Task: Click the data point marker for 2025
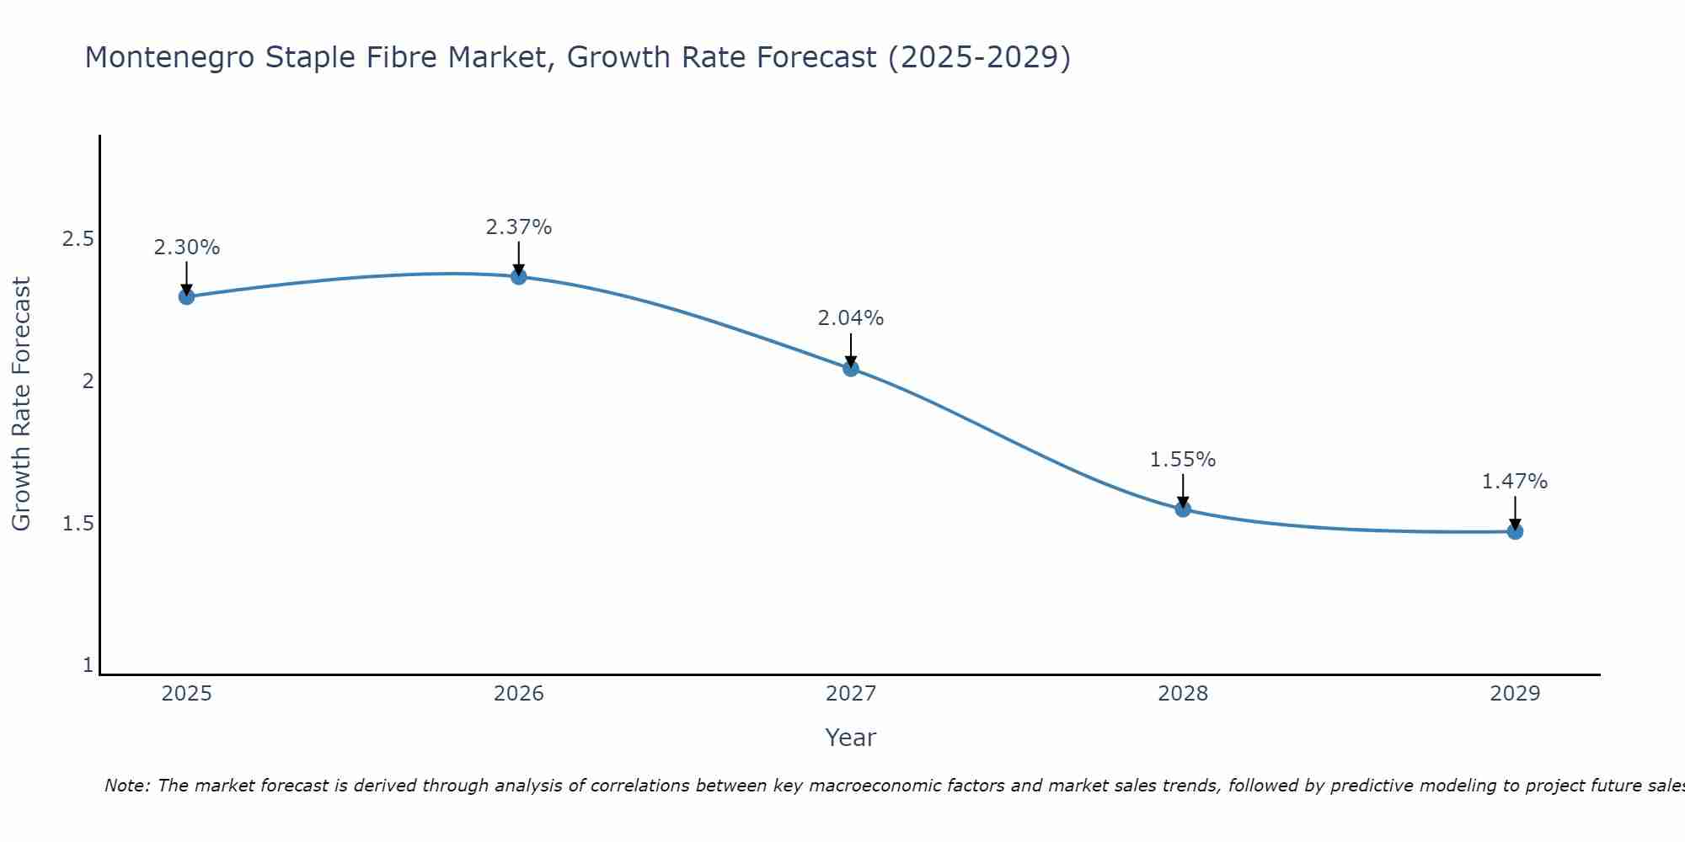[x=186, y=296]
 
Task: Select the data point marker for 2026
[x=518, y=276]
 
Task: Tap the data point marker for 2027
[x=851, y=368]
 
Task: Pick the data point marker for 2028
[x=1183, y=509]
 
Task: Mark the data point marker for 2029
[x=1515, y=531]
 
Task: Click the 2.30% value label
[x=186, y=248]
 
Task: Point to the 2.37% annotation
[x=518, y=227]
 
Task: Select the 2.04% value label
[x=851, y=318]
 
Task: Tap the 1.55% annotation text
[x=1183, y=460]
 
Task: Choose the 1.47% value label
[x=1515, y=482]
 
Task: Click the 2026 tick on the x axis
[x=518, y=694]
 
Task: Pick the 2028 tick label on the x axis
[x=1183, y=694]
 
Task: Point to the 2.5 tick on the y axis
[x=78, y=239]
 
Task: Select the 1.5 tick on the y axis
[x=78, y=524]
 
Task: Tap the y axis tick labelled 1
[x=88, y=665]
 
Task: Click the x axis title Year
[x=851, y=738]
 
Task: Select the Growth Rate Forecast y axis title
[x=22, y=404]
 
